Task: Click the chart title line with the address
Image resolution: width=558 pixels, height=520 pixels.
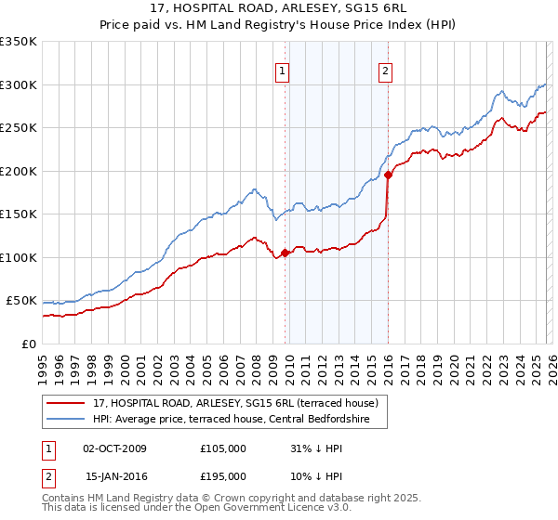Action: pyautogui.click(x=279, y=8)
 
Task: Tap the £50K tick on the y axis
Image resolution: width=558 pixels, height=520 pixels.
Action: pyautogui.click(x=22, y=301)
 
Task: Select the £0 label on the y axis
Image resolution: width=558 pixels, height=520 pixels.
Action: pyautogui.click(x=30, y=344)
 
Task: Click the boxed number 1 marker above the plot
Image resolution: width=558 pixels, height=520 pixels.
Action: pyautogui.click(x=282, y=68)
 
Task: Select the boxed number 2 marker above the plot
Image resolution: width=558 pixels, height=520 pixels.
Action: pyautogui.click(x=385, y=68)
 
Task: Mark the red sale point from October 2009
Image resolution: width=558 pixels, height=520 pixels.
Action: pyautogui.click(x=284, y=253)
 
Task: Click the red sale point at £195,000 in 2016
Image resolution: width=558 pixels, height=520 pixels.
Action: pyautogui.click(x=387, y=175)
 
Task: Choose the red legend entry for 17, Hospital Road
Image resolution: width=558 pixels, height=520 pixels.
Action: pyautogui.click(x=234, y=403)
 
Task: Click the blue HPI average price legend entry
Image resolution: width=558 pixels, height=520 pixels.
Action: pyautogui.click(x=231, y=420)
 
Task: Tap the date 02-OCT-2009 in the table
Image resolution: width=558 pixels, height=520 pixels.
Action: pyautogui.click(x=114, y=448)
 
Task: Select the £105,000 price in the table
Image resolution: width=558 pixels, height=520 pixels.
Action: pyautogui.click(x=223, y=448)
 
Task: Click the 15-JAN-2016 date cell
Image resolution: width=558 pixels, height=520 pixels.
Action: pyautogui.click(x=114, y=475)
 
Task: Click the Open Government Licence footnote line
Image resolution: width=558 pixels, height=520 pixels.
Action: pyautogui.click(x=197, y=509)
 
